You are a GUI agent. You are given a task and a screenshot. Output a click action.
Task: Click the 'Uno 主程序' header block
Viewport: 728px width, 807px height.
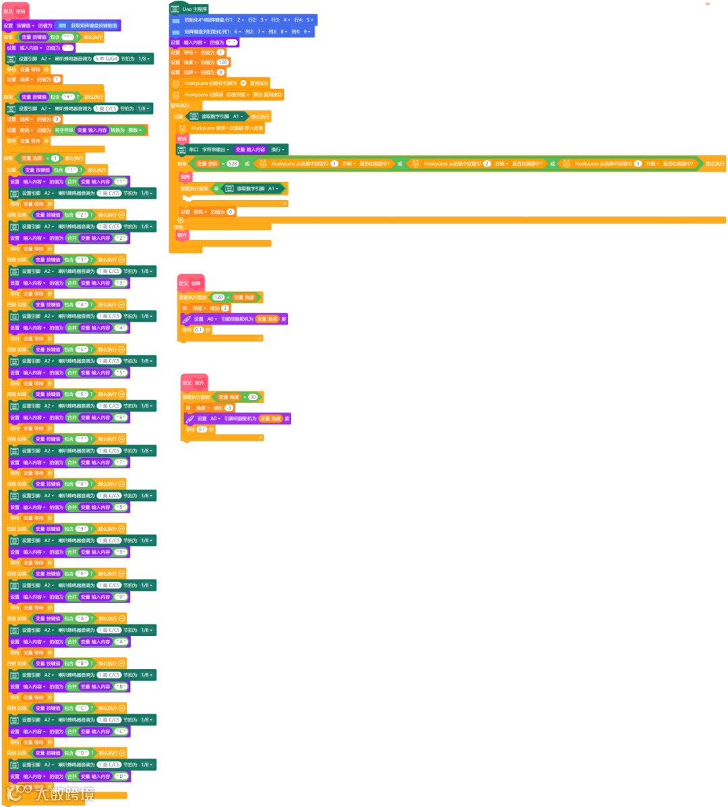195,9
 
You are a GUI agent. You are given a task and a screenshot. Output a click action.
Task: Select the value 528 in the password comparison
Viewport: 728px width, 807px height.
233,164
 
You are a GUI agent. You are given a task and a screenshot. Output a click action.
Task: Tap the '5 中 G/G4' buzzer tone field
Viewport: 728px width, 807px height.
106,59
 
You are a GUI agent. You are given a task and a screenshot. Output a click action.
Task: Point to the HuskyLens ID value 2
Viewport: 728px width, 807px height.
487,164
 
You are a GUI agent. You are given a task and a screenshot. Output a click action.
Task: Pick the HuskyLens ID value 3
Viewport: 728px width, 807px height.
638,164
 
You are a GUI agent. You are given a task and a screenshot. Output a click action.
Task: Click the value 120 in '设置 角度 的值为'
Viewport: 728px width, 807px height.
222,62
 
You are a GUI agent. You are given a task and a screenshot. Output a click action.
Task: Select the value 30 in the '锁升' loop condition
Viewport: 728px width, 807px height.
253,397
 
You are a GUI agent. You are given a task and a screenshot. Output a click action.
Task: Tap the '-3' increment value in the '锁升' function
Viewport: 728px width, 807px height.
229,408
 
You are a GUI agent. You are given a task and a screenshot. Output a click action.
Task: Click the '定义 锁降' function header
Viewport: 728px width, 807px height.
191,283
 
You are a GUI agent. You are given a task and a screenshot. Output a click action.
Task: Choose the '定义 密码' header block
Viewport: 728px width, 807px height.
16,11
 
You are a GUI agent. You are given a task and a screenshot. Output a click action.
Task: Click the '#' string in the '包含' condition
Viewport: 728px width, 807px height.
68,97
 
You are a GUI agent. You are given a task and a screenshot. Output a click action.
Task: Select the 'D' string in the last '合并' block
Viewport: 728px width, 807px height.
120,776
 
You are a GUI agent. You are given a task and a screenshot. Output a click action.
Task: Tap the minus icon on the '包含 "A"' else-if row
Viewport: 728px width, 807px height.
121,618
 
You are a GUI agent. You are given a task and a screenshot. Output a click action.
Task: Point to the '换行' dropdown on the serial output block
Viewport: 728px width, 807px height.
278,150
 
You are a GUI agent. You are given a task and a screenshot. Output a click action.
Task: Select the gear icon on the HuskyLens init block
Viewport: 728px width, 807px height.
243,84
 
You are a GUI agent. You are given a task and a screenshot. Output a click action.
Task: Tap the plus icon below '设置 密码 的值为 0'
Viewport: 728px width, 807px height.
181,220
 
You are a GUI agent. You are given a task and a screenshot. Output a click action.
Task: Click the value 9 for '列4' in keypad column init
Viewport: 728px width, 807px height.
307,32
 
